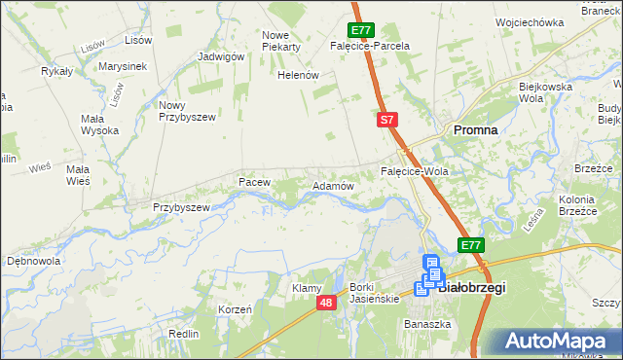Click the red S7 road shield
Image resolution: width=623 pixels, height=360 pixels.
tap(387, 120)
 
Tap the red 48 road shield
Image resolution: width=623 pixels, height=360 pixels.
tap(327, 304)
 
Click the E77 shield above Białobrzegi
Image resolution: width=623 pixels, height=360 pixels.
tap(471, 245)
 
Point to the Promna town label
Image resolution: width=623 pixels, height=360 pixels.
tap(476, 129)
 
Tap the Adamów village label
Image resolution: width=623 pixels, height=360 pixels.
tap(331, 185)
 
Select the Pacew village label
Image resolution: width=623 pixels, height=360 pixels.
tap(253, 182)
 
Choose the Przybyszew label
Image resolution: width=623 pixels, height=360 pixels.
tap(182, 207)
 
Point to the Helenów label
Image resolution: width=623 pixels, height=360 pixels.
tap(299, 75)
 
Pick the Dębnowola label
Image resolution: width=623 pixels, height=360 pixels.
tap(34, 262)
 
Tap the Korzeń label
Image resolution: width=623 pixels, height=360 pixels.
tap(236, 308)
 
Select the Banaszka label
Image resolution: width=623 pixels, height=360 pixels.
tap(426, 324)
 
